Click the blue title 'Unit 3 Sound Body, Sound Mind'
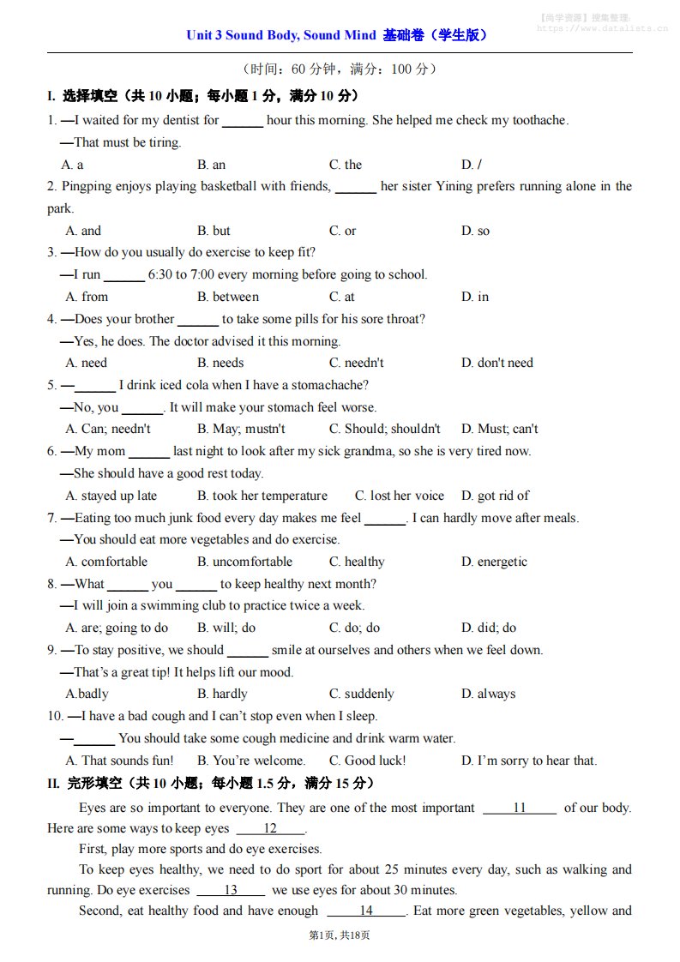click(281, 35)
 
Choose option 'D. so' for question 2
click(475, 231)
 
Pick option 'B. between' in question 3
click(227, 297)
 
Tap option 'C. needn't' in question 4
click(356, 363)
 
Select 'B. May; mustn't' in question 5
click(241, 429)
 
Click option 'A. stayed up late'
click(111, 496)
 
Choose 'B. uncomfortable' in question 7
click(244, 562)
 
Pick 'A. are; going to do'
click(117, 628)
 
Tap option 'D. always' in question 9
click(488, 694)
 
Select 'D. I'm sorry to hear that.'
click(528, 761)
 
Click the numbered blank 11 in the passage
click(520, 808)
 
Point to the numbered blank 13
click(231, 890)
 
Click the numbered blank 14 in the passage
click(366, 911)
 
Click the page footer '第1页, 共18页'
click(340, 935)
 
